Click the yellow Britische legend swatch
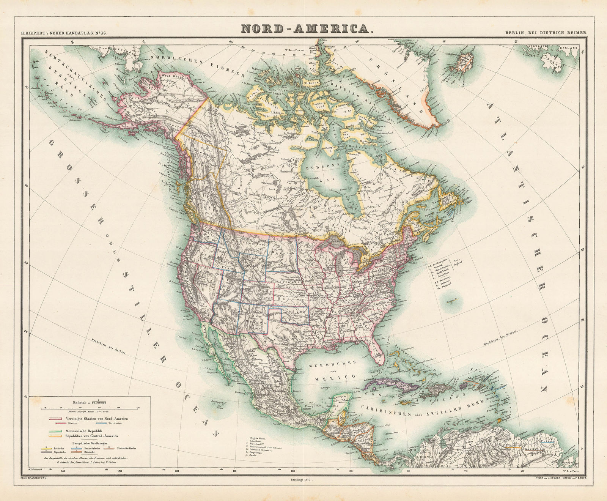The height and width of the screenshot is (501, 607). (x=46, y=448)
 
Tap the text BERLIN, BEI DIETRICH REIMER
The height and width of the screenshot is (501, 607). (x=546, y=33)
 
